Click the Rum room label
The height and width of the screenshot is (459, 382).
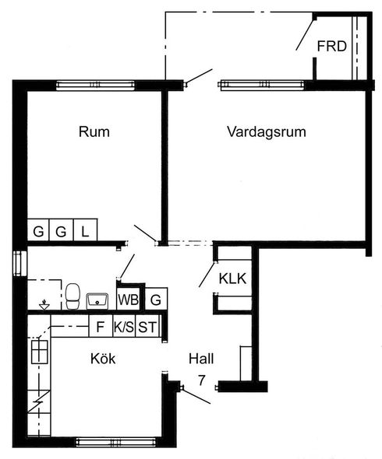(x=94, y=131)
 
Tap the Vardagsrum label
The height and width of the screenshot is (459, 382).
(x=267, y=131)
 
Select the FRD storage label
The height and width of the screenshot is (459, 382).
(x=332, y=46)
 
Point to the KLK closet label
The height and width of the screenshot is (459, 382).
(x=232, y=279)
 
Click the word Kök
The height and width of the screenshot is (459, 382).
(x=103, y=359)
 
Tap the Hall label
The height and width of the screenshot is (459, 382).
(x=201, y=359)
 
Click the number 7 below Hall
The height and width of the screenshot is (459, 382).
(x=202, y=380)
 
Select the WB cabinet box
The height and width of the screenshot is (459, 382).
(x=128, y=300)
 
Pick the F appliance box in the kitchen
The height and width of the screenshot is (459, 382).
(x=101, y=326)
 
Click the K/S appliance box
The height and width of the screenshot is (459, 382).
(x=124, y=326)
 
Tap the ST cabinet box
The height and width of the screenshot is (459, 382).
(x=147, y=326)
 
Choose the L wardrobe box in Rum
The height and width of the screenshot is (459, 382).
(x=85, y=229)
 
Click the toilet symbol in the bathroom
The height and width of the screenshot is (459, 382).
(x=73, y=296)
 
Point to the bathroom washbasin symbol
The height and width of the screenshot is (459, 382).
(x=97, y=301)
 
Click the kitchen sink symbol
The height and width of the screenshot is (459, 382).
(x=40, y=352)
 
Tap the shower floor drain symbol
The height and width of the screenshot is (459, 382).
(x=44, y=306)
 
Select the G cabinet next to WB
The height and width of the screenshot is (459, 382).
(x=157, y=299)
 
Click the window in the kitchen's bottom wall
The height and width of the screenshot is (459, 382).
(x=116, y=442)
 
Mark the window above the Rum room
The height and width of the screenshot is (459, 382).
(x=95, y=85)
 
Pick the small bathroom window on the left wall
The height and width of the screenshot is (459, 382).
(x=20, y=264)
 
